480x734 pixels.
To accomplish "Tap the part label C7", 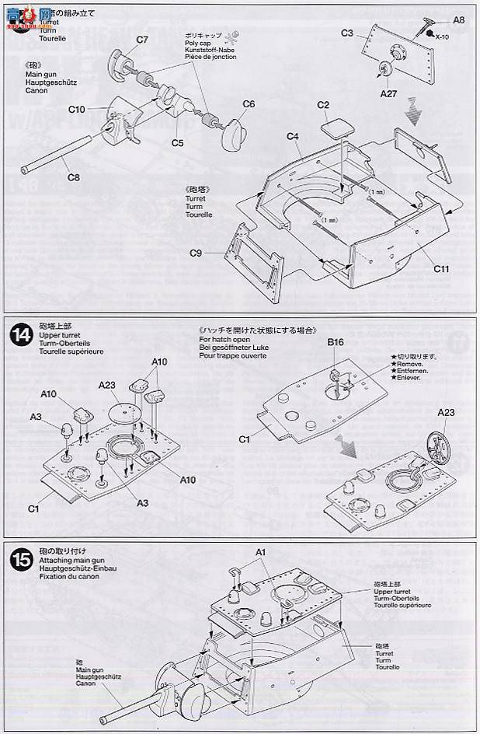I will point(142,40).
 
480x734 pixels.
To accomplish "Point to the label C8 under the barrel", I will point(73,178).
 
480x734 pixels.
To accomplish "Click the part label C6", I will point(249,103).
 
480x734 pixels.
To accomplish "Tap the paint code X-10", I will point(442,36).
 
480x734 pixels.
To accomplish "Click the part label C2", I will point(324,105).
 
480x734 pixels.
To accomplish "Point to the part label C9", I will point(197,252).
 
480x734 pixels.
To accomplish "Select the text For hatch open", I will point(226,340).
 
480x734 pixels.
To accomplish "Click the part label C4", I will point(292,137).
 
